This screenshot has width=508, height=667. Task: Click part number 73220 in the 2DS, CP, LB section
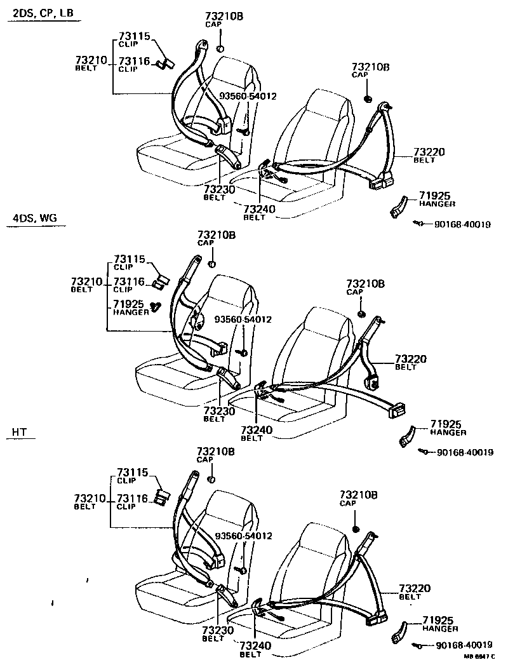click(429, 152)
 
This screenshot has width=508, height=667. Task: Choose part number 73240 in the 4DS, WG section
click(256, 430)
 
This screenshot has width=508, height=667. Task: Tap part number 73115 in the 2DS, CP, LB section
click(134, 36)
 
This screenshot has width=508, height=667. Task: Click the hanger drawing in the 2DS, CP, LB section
click(398, 208)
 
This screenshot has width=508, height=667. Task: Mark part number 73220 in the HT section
click(415, 589)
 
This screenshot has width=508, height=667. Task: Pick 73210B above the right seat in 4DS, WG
click(365, 283)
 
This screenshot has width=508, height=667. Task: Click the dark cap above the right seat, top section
click(368, 98)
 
